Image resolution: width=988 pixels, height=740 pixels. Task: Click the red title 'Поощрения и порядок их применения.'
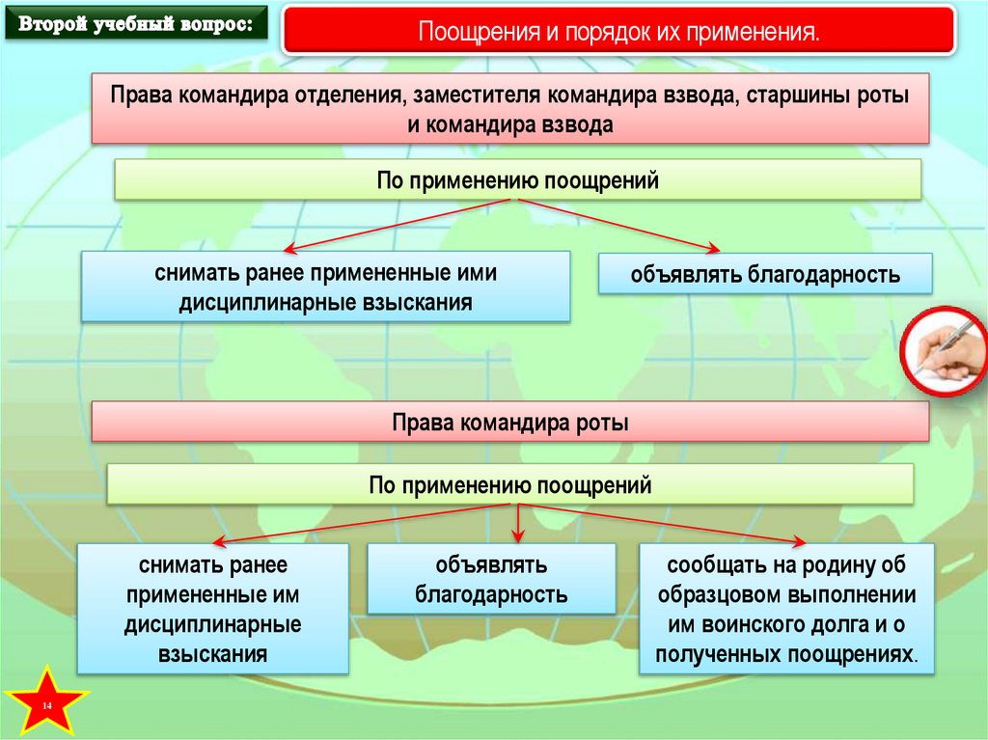point(618,32)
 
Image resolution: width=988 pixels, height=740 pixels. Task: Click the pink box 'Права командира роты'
point(509,423)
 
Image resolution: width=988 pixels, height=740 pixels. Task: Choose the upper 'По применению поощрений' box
point(518,180)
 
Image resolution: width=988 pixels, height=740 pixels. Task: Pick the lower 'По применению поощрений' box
point(509,484)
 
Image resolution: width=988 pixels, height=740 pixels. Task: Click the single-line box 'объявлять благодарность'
point(765,275)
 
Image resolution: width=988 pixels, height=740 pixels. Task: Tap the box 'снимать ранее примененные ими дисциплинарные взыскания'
point(325,287)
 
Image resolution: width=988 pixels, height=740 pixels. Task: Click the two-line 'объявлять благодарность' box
point(491,579)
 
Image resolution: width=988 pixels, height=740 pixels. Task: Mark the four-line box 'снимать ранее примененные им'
point(212,610)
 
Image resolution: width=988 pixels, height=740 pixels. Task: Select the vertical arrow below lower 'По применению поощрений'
point(518,521)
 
